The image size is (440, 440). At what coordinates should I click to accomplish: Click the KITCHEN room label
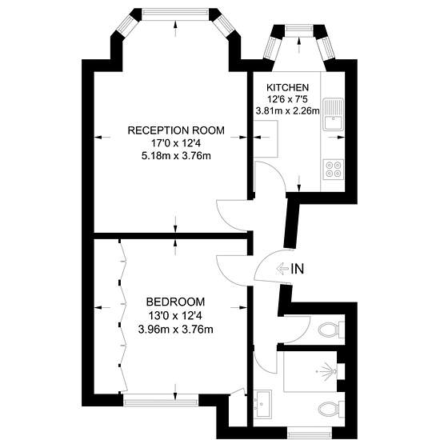(288, 87)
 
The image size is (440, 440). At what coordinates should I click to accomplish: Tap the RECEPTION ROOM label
(176, 130)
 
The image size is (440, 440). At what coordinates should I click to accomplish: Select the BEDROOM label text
(176, 302)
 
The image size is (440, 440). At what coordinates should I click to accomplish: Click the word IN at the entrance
(298, 269)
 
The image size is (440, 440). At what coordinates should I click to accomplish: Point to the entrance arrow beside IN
(282, 269)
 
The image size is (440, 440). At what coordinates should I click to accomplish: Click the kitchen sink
(334, 114)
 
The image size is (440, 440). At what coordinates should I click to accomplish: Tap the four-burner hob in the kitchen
(334, 170)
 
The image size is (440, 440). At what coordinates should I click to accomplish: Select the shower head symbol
(328, 371)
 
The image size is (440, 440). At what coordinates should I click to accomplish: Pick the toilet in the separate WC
(331, 329)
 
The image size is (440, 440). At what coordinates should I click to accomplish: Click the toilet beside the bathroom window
(331, 409)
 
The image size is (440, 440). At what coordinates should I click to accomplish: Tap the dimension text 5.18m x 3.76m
(176, 156)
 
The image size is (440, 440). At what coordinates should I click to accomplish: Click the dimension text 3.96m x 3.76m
(176, 329)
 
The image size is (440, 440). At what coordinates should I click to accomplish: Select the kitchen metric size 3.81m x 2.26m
(288, 111)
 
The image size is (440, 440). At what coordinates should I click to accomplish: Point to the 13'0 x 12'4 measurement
(175, 316)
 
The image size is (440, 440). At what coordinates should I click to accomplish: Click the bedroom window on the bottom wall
(161, 401)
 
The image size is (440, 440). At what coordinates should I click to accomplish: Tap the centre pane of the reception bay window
(175, 14)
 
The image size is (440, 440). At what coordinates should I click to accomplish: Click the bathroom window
(310, 434)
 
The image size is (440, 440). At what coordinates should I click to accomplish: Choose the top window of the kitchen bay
(298, 30)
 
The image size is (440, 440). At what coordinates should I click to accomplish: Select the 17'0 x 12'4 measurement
(176, 143)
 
